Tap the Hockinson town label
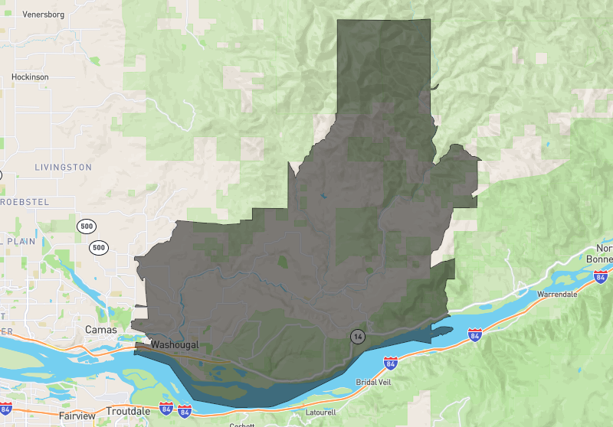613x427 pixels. (x=30, y=77)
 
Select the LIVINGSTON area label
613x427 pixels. (x=63, y=167)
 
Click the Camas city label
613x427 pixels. (x=101, y=330)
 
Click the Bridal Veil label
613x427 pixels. (x=372, y=382)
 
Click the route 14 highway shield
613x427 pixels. (x=357, y=336)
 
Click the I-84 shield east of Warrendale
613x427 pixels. (x=602, y=275)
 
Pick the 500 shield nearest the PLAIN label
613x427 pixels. (x=98, y=247)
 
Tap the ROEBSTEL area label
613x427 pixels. (x=22, y=200)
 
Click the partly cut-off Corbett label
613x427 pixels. (x=242, y=425)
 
